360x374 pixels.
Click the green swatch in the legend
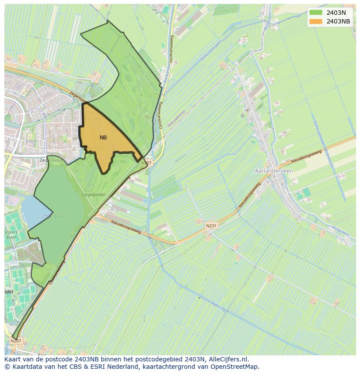point(316,13)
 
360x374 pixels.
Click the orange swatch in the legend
point(316,21)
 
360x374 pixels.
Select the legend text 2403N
point(336,13)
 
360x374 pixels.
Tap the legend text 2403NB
point(338,21)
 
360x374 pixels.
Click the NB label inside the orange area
point(103,138)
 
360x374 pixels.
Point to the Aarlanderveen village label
point(273,171)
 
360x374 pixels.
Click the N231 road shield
point(211,226)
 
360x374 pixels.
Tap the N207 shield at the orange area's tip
point(147,163)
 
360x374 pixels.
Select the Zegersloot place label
point(51,160)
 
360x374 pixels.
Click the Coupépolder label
point(93,195)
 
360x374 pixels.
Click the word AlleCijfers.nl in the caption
point(229,359)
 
